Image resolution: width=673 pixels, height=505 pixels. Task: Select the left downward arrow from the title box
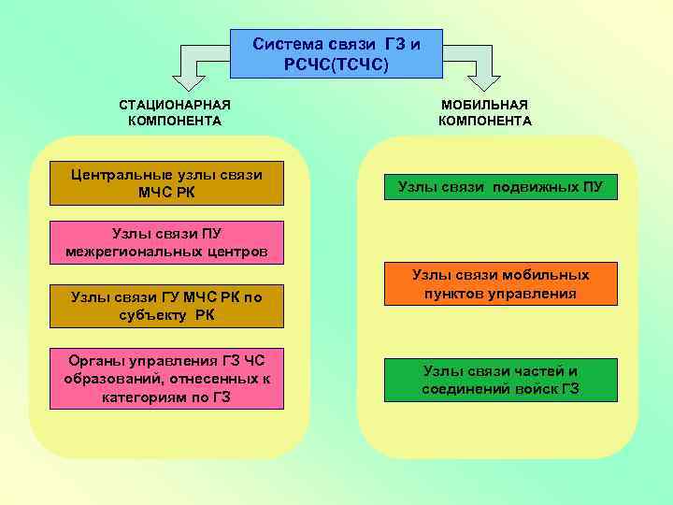(192, 65)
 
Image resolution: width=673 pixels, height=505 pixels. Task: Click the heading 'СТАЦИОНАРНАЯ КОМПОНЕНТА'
(175, 113)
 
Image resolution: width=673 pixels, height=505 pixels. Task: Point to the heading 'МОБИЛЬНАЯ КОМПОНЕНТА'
(484, 113)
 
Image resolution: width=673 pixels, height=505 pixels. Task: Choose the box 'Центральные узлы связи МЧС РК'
(167, 184)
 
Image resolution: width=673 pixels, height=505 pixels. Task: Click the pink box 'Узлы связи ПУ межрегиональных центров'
(167, 242)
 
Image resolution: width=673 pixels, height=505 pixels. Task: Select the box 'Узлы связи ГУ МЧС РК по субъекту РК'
(167, 306)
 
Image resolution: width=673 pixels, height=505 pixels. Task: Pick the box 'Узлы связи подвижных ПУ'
(501, 187)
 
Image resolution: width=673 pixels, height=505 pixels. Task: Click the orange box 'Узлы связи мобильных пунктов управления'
(501, 284)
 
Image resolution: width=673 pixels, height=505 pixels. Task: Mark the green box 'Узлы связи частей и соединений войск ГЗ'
(501, 380)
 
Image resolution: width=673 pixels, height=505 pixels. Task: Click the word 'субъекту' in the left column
(156, 315)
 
